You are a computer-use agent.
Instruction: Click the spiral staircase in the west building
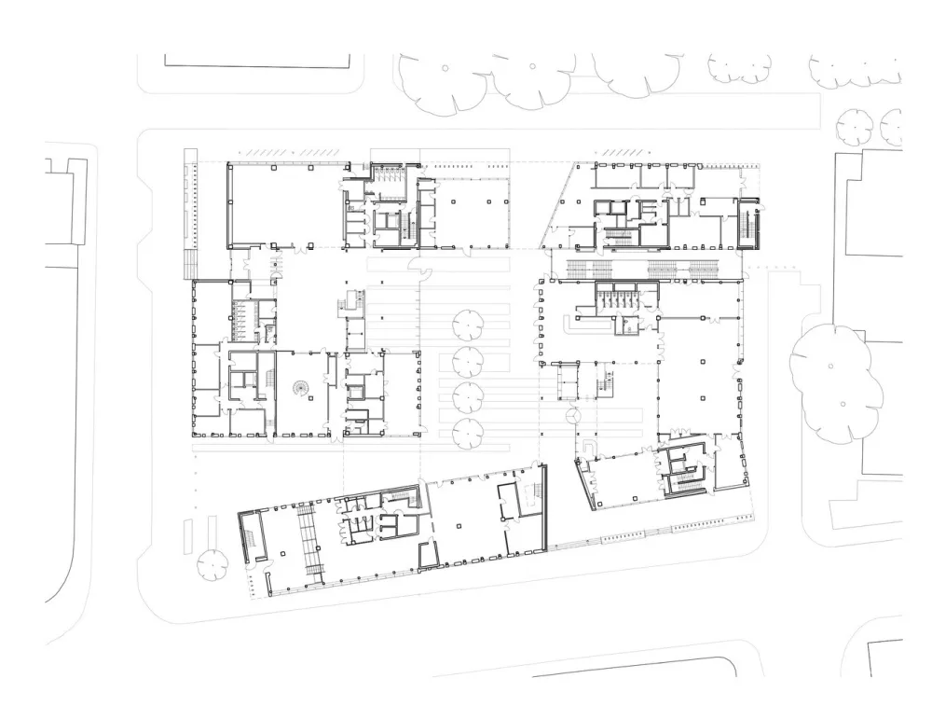(302, 387)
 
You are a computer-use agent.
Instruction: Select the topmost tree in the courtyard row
(466, 324)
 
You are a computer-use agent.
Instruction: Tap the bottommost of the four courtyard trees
(466, 431)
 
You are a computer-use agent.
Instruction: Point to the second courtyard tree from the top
(466, 360)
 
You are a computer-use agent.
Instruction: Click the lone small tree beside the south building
(212, 562)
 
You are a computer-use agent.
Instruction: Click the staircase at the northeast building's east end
(749, 225)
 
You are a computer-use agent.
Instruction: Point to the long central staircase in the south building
(308, 541)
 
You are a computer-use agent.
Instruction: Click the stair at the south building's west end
(250, 538)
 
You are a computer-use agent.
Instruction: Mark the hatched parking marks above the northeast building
(618, 152)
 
